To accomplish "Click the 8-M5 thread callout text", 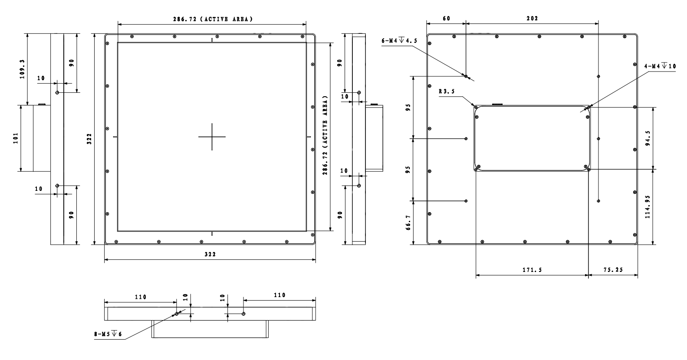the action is tap(108, 334).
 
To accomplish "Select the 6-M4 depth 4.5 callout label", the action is tap(399, 40).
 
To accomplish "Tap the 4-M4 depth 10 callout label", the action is tap(660, 66).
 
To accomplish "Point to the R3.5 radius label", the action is tap(447, 92).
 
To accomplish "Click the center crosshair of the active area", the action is tap(212, 137).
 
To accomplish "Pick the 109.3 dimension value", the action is tap(23, 69).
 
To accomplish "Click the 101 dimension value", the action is tap(16, 138).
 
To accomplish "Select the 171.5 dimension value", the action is tap(532, 270).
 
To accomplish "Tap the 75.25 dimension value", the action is tap(613, 270).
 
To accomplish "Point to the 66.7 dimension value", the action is tap(408, 223).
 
